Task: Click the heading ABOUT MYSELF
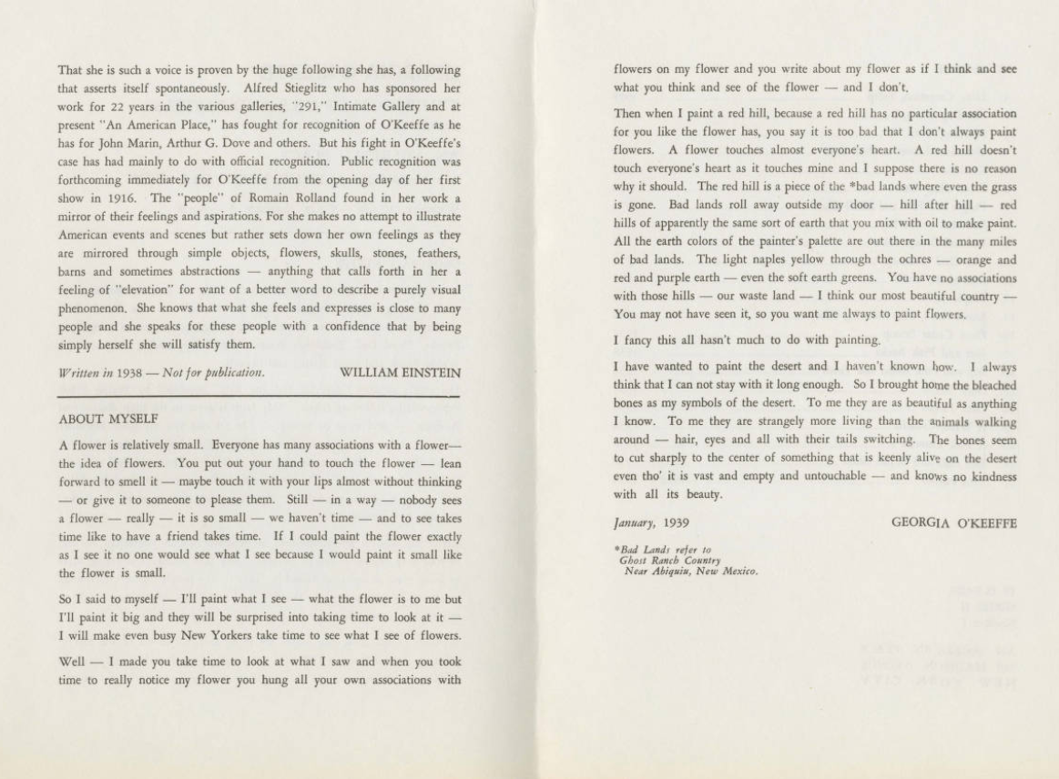[x=108, y=420]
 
